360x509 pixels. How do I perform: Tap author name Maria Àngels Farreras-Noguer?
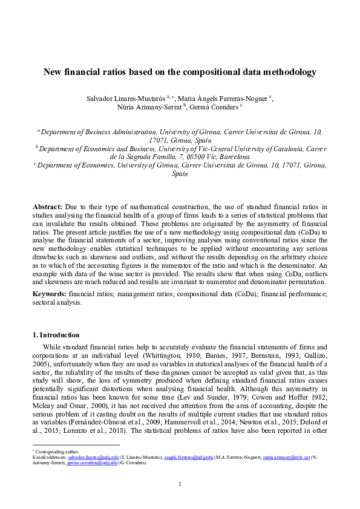click(x=217, y=99)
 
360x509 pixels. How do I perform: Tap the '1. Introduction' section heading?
click(x=55, y=335)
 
